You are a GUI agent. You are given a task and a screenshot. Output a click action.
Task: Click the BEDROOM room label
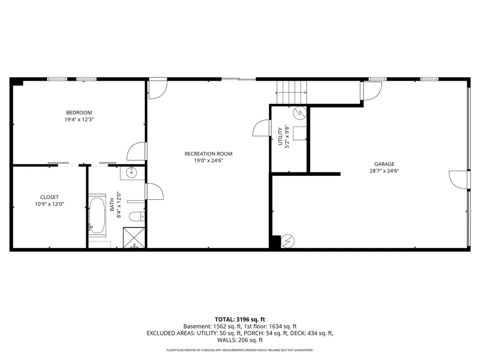pyautogui.click(x=79, y=112)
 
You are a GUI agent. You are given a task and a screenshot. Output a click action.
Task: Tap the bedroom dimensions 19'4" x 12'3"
pyautogui.click(x=79, y=120)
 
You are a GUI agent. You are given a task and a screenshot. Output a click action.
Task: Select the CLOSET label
pyautogui.click(x=49, y=197)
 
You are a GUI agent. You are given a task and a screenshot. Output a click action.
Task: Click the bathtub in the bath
pyautogui.click(x=97, y=215)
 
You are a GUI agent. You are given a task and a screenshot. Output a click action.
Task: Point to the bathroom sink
pyautogui.click(x=132, y=173)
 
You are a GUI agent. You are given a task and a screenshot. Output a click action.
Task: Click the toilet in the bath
pyautogui.click(x=137, y=217)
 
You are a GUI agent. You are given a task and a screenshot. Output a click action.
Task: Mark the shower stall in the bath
pyautogui.click(x=134, y=238)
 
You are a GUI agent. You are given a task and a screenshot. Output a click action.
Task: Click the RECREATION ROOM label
pyautogui.click(x=208, y=154)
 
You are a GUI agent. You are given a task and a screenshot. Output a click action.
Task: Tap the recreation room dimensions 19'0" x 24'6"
pyautogui.click(x=208, y=161)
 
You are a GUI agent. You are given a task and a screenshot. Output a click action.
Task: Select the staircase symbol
pyautogui.click(x=291, y=92)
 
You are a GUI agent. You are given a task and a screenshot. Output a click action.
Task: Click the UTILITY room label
pyautogui.click(x=280, y=136)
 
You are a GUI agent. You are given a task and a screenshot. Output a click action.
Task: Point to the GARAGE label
pyautogui.click(x=384, y=164)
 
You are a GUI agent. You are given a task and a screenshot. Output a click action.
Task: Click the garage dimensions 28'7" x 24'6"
pyautogui.click(x=384, y=171)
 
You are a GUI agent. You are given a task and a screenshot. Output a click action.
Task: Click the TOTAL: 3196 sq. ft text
pyautogui.click(x=240, y=319)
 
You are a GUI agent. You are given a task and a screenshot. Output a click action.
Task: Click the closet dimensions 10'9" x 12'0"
pyautogui.click(x=49, y=204)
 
